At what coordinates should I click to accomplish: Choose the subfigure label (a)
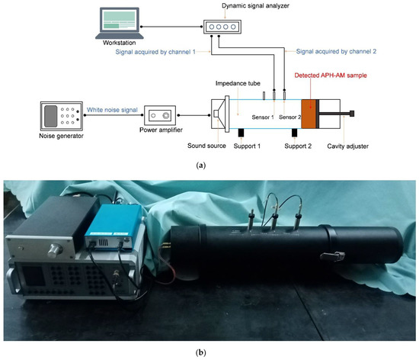point(209,162)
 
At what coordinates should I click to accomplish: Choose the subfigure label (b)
point(209,353)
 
